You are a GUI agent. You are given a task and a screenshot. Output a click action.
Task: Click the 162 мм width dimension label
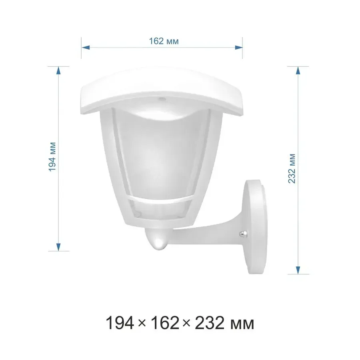tap(164, 41)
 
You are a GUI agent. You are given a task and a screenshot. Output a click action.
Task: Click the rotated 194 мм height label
tap(52, 157)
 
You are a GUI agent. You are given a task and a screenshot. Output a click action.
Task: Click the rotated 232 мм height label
tap(292, 168)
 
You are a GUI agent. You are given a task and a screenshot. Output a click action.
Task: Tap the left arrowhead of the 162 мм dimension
tap(86, 48)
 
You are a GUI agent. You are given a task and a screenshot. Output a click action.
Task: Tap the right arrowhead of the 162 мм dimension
tap(238, 48)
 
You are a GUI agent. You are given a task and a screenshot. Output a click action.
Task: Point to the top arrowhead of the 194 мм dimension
tap(58, 70)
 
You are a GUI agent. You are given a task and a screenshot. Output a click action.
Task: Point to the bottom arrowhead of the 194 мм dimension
tap(58, 247)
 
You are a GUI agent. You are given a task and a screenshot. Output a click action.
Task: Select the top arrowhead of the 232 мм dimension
tap(298, 70)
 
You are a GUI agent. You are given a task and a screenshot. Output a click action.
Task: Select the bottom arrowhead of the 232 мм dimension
tap(298, 270)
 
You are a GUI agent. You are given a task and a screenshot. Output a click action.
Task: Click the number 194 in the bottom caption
tap(120, 322)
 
